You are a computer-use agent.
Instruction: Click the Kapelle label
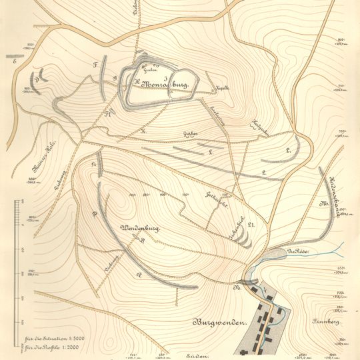tap(222, 88)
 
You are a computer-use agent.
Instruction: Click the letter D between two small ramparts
tap(38, 79)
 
